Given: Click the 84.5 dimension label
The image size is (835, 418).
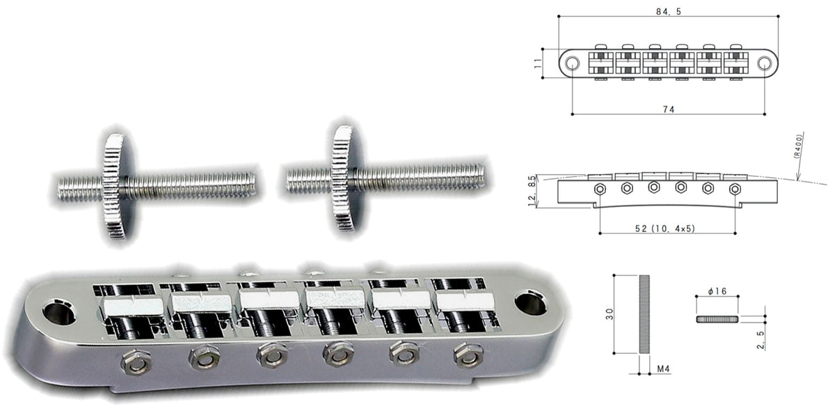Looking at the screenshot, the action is click(669, 12).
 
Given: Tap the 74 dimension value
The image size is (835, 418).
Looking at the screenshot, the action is click(669, 109).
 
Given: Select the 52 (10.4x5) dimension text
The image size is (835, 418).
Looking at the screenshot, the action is click(665, 229).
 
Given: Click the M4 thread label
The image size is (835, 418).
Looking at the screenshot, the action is click(663, 369).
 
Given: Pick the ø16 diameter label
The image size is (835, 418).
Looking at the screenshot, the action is click(717, 291).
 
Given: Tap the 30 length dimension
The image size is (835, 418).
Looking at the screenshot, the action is click(609, 314).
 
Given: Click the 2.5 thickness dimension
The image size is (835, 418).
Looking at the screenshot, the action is click(761, 340).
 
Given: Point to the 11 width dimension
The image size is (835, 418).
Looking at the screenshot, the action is click(537, 63).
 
